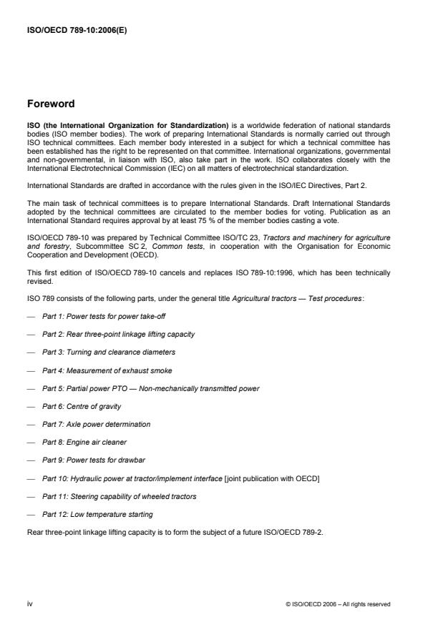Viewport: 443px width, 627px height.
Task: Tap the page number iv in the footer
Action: point(30,603)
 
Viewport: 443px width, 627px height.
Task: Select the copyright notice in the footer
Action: point(336,604)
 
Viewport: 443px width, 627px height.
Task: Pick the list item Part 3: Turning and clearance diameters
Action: point(108,352)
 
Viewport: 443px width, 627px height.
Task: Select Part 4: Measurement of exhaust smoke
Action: point(107,370)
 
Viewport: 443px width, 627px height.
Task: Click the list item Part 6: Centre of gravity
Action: point(80,406)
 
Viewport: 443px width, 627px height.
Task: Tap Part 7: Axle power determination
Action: point(96,424)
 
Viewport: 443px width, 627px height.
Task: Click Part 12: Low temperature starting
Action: point(97,514)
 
